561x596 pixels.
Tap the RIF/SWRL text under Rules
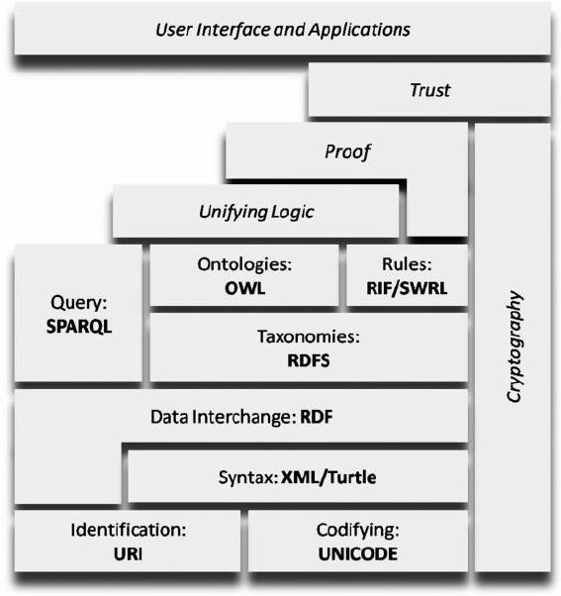coord(405,289)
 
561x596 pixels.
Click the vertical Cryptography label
coord(513,346)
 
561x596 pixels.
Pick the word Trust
coord(429,90)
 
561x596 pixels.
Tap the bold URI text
coord(129,554)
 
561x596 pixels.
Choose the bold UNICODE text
coord(357,554)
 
